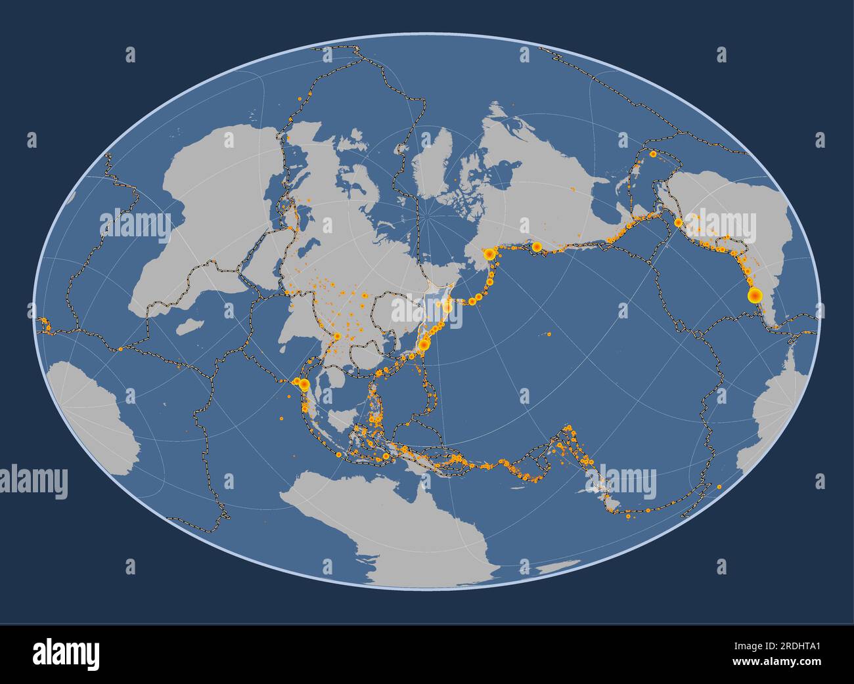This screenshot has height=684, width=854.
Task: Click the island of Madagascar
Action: pyautogui.click(x=191, y=326)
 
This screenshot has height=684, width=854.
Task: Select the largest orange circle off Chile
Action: pyautogui.click(x=754, y=295)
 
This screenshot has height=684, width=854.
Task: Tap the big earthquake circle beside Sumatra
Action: pyautogui.click(x=303, y=384)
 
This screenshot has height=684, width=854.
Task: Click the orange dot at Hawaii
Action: pyautogui.click(x=549, y=334)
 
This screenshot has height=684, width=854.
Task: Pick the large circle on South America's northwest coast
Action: pyautogui.click(x=678, y=223)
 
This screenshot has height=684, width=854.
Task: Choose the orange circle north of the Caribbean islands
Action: pyautogui.click(x=652, y=154)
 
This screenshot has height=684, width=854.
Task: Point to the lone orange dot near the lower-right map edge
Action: pyautogui.click(x=719, y=486)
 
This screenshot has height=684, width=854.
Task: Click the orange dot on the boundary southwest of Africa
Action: pyautogui.click(x=120, y=349)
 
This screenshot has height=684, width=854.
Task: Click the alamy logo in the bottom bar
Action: pyautogui.click(x=66, y=654)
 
